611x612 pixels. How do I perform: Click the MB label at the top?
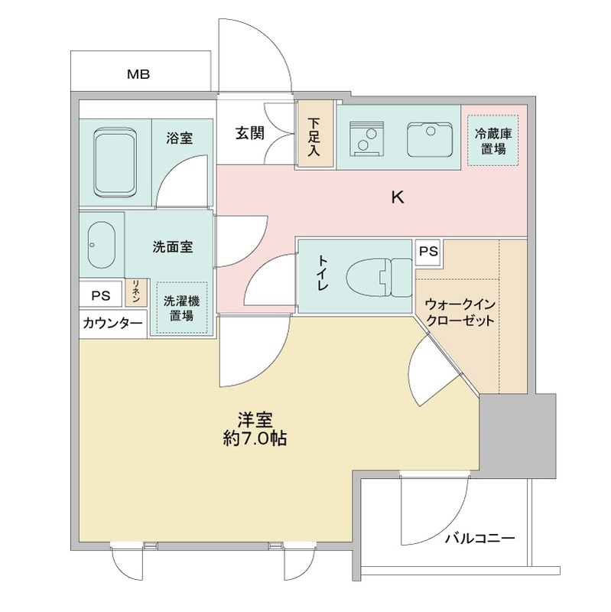point(138,75)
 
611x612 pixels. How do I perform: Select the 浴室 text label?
point(180,138)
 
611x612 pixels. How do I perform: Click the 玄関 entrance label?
point(249,133)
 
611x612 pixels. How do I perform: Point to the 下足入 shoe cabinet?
point(314,135)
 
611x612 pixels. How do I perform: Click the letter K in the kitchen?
point(397,197)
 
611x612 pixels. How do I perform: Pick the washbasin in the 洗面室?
point(100,246)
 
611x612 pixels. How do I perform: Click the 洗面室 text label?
point(173,247)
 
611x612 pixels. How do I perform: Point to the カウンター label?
point(112,324)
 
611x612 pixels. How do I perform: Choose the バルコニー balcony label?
point(480,539)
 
